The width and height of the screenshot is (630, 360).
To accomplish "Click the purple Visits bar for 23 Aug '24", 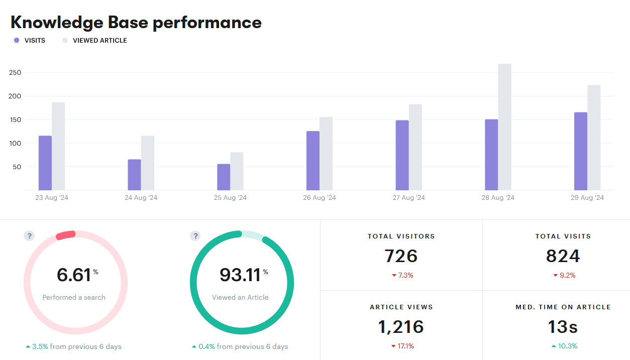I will (x=45, y=163).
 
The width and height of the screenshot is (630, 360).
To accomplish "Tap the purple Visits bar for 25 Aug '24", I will (x=224, y=177).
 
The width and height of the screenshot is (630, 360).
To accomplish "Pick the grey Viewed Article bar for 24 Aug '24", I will (x=148, y=163).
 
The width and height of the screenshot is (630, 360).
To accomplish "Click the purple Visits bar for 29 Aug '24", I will (x=581, y=151).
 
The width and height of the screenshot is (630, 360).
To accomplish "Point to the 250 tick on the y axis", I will (x=15, y=73).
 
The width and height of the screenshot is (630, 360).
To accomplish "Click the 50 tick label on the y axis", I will (x=17, y=167).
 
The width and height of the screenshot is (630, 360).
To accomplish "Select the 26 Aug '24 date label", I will (x=320, y=198).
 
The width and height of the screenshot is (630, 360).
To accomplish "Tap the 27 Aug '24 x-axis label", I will (x=408, y=198).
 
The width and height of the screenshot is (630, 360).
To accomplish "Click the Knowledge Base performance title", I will (x=136, y=23).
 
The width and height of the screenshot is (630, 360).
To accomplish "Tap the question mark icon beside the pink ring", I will (x=29, y=236).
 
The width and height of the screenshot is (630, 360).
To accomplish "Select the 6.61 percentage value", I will (x=74, y=275).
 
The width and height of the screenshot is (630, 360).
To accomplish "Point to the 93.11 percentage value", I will (x=240, y=275).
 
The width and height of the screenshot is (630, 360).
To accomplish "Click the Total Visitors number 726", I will (x=401, y=256).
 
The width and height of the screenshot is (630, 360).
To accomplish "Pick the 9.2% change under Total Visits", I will (x=564, y=275).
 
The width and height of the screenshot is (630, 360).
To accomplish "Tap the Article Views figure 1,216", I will (x=401, y=327).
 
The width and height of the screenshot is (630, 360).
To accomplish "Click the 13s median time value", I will (x=563, y=327).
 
